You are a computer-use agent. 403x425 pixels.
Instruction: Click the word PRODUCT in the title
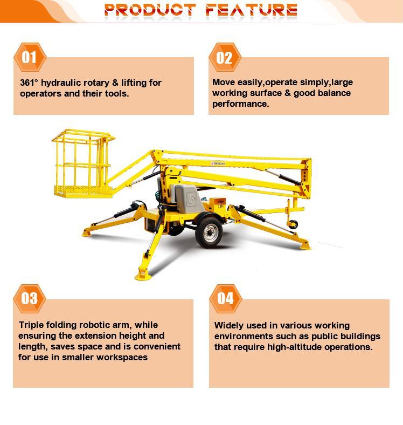click(x=150, y=10)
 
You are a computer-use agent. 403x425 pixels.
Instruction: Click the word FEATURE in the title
click(x=251, y=10)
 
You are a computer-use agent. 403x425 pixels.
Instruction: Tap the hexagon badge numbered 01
click(x=30, y=57)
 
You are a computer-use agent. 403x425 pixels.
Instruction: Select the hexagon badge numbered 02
click(x=225, y=57)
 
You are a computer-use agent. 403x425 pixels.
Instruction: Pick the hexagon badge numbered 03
click(x=30, y=299)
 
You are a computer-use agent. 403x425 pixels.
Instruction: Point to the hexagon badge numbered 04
click(x=225, y=299)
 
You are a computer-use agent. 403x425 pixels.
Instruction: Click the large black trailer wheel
click(x=209, y=232)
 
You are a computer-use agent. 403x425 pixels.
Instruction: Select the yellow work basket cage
click(x=84, y=163)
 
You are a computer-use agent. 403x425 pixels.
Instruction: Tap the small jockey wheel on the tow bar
click(x=293, y=224)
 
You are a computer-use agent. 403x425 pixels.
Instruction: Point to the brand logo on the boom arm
click(x=218, y=163)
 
